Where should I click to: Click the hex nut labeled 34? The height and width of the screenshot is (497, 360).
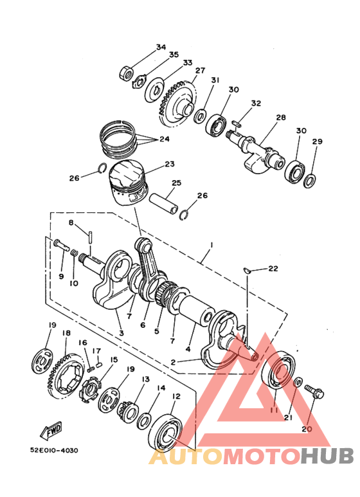pos(126,73)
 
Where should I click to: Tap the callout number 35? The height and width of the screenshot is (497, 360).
pos(174,55)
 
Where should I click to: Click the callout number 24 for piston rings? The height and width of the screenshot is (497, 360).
pos(165,139)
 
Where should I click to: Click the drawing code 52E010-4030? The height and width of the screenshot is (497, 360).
pos(54,451)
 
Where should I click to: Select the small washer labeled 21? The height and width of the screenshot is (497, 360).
pos(298,382)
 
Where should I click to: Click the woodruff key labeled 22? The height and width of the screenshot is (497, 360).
pos(248,270)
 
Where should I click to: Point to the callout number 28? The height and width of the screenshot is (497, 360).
pos(281,118)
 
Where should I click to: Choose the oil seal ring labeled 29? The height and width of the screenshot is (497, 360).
pos(310,181)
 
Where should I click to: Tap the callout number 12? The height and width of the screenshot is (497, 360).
pos(176,396)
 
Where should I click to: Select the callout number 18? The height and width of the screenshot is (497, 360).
pos(66,333)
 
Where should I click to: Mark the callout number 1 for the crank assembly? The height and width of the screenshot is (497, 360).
pos(212,245)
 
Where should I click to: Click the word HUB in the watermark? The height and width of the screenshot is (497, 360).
pos(327,456)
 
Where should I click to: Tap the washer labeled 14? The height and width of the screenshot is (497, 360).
pos(144,421)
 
